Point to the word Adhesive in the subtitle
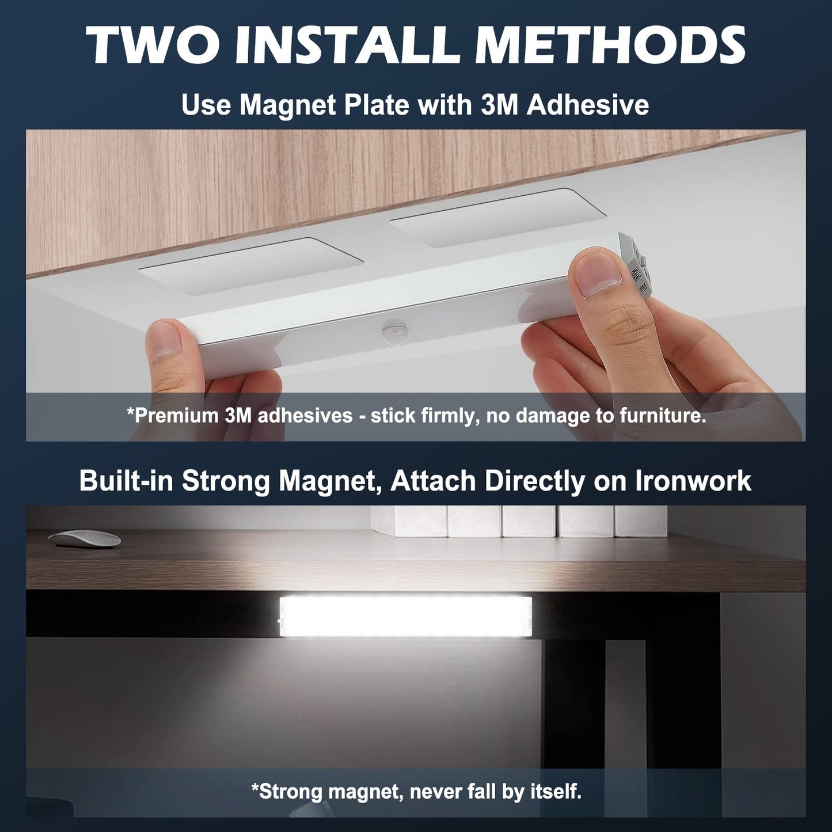click(588, 105)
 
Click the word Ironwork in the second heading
click(693, 481)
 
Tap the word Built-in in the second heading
click(127, 481)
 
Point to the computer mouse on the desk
click(84, 538)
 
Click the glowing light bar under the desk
click(405, 616)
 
